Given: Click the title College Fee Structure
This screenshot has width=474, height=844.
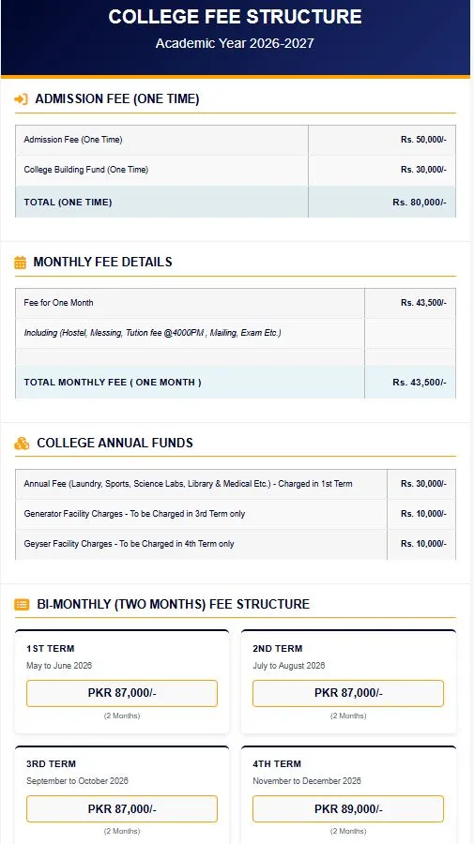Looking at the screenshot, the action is coord(235,17).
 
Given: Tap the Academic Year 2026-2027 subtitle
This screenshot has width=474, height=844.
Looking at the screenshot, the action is coord(235,43).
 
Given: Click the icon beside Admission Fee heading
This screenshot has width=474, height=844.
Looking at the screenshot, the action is coord(21,98).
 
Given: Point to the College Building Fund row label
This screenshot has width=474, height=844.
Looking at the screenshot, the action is coord(85,170).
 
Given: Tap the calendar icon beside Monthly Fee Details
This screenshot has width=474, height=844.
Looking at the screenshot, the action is coord(20,263).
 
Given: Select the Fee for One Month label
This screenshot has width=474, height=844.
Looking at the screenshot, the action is coord(58,303).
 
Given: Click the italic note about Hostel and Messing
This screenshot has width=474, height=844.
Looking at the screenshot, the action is coord(152,333).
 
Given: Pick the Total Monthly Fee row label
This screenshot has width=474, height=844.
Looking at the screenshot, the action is coord(113,383).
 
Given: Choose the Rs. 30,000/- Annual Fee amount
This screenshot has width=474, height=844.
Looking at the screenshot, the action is coord(423,484).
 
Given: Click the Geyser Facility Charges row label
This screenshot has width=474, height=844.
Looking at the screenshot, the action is coord(129,544).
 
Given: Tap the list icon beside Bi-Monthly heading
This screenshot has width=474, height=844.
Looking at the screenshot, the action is coord(21,605).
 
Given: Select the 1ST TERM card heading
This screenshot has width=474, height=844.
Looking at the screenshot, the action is coord(50,648).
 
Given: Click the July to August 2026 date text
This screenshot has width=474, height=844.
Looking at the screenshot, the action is coord(288,666).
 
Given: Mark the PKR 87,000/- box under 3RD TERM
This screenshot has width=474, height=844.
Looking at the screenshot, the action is coord(122,808).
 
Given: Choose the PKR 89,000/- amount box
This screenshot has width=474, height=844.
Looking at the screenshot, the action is coord(348,808).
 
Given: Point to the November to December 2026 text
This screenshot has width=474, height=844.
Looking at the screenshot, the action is coord(306,781).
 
